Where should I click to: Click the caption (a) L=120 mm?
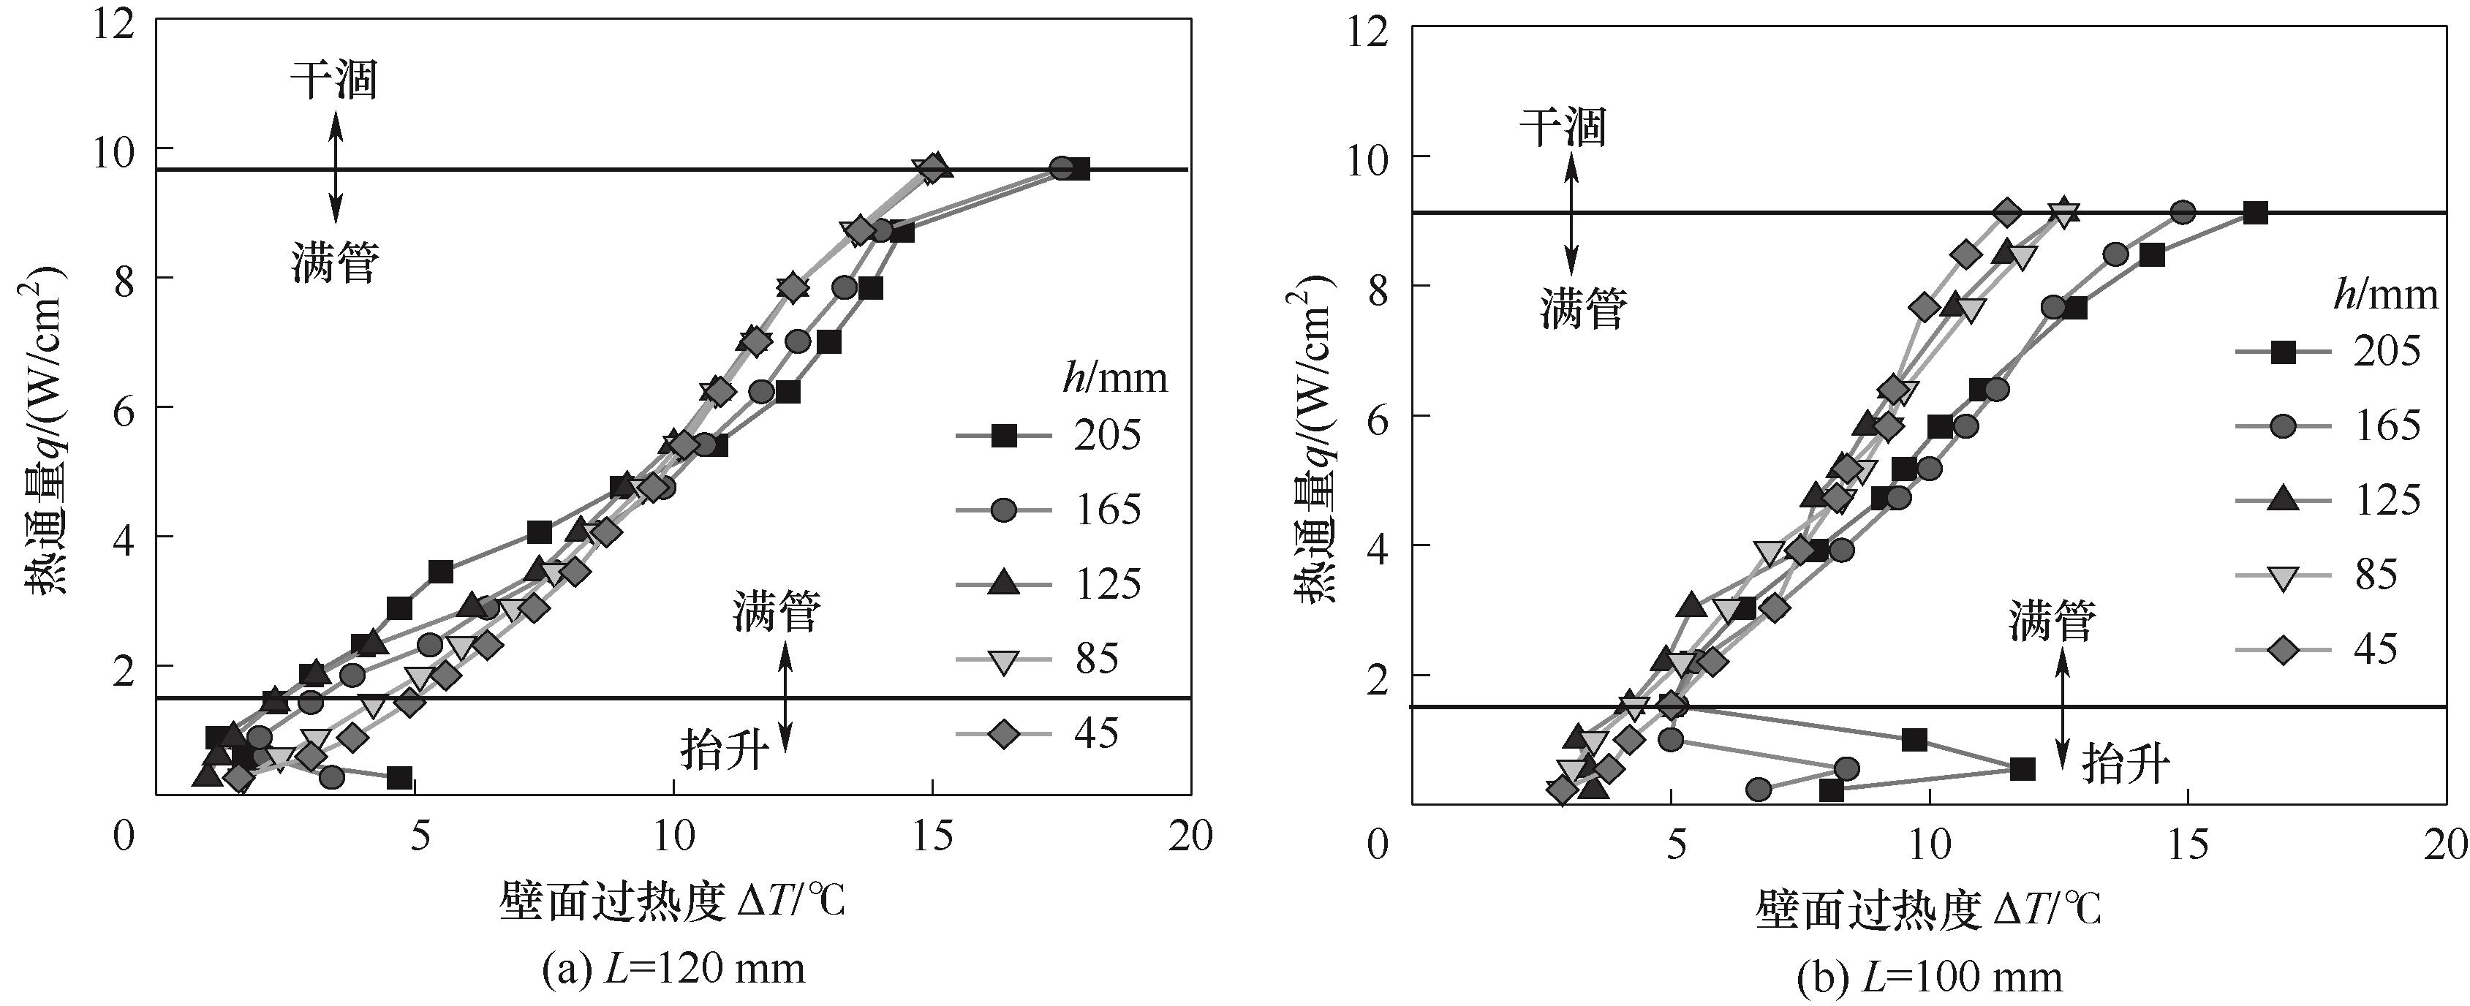[673, 969]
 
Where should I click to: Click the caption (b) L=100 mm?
[1929, 976]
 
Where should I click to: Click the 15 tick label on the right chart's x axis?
[2187, 845]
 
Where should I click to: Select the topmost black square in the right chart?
[2255, 213]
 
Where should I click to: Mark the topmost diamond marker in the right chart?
[2007, 213]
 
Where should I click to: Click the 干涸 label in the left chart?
[333, 80]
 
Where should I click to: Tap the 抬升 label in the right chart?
[2125, 765]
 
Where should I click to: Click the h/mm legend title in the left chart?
[1115, 379]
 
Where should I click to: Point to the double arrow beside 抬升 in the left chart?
[785, 697]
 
